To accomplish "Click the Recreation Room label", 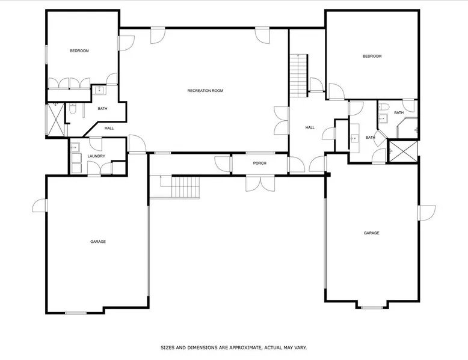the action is tap(205, 91).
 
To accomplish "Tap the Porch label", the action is tap(259, 163).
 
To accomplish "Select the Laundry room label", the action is tap(96, 156).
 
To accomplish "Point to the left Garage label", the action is tap(98, 242).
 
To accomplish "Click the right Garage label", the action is tap(371, 233).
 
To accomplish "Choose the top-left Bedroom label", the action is tap(79, 50).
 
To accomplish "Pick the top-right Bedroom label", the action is tap(372, 56).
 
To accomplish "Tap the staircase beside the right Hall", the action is tap(299, 76).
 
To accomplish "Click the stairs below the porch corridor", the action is tap(185, 186).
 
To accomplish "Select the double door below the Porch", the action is tap(260, 183).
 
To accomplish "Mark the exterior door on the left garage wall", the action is tap(40, 206).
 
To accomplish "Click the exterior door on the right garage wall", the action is tap(427, 213).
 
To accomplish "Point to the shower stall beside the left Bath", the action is tap(56, 120).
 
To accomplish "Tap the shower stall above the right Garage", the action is tap(403, 151).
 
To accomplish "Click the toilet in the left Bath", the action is tap(72, 109).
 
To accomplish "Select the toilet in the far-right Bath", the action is tap(384, 107).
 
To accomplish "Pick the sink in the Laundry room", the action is tap(75, 148).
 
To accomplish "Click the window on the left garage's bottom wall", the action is tap(76, 313).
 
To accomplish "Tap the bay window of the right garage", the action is tap(372, 307).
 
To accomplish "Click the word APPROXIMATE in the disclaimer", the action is tap(246, 347).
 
